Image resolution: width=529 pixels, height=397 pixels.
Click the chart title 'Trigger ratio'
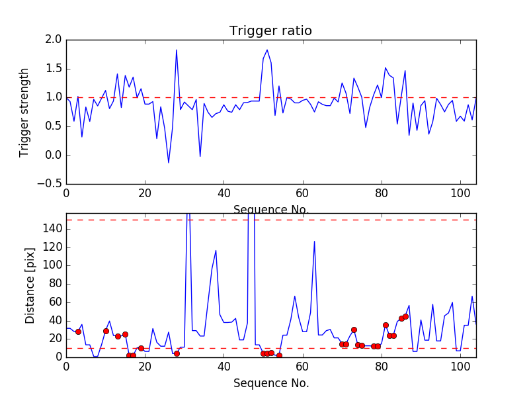270,31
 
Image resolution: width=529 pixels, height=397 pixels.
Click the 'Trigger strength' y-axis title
24,112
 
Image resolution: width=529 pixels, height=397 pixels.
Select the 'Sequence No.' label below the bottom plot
270,383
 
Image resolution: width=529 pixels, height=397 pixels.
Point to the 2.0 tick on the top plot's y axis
54,40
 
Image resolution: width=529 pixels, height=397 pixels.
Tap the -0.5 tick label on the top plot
50,184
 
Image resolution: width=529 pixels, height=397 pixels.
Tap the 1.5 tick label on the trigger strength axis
54,69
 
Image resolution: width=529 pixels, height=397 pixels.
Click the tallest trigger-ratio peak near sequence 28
177,50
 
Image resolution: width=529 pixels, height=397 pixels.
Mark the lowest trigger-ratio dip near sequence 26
169,162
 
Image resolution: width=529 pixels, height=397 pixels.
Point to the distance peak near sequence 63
314,242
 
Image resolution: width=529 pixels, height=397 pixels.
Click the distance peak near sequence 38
216,251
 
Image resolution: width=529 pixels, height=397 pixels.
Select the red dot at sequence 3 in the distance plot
78,331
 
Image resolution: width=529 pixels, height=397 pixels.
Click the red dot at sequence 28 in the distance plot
177,353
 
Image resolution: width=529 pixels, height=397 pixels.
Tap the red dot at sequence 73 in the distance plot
354,330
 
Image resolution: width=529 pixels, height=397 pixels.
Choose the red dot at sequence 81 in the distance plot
386,325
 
